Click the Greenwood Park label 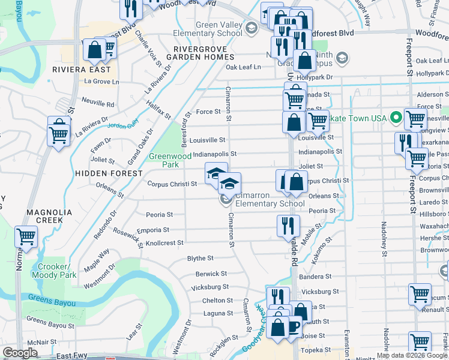[x=164, y=160]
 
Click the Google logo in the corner [x=20, y=353]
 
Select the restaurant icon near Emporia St [x=288, y=226]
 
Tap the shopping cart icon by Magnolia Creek [x=26, y=237]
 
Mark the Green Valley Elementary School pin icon [x=251, y=28]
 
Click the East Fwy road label [x=72, y=356]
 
